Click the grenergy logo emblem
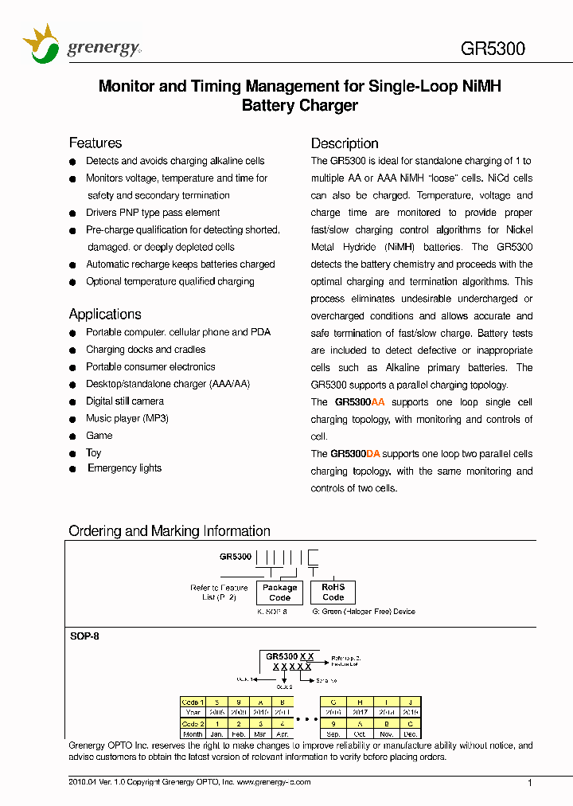click(41, 44)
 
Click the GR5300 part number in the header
click(493, 49)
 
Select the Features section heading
click(95, 143)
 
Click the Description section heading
click(345, 144)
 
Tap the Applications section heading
click(105, 315)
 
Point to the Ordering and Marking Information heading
click(170, 531)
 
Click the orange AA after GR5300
click(378, 402)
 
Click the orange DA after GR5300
click(373, 454)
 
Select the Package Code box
click(280, 593)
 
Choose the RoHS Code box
click(333, 592)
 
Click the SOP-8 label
click(85, 637)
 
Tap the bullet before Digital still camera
click(72, 401)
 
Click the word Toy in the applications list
click(94, 452)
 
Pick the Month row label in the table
click(193, 734)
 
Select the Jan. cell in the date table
click(216, 734)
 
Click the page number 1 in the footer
click(531, 784)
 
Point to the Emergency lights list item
click(124, 468)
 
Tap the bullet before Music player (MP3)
click(72, 419)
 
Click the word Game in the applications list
click(99, 436)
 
